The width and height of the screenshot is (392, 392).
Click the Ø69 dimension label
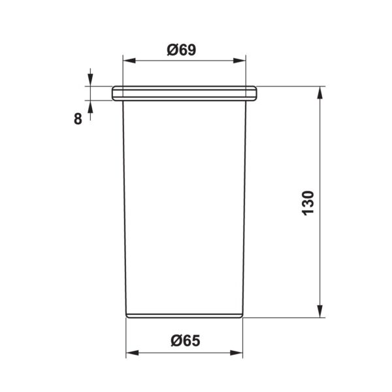click(182, 50)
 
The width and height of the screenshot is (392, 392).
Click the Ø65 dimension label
click(186, 340)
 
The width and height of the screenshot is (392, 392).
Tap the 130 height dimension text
click(308, 203)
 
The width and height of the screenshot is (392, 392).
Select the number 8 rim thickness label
click(78, 119)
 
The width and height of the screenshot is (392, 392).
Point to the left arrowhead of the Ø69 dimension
click(129, 61)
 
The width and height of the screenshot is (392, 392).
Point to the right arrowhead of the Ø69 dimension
click(240, 61)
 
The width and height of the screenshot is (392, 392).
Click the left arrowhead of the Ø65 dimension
click(132, 353)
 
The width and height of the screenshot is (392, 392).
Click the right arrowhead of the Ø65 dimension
click(237, 353)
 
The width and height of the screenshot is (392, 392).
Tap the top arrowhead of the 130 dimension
click(319, 93)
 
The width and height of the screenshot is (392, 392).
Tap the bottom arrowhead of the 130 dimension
click(319, 311)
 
